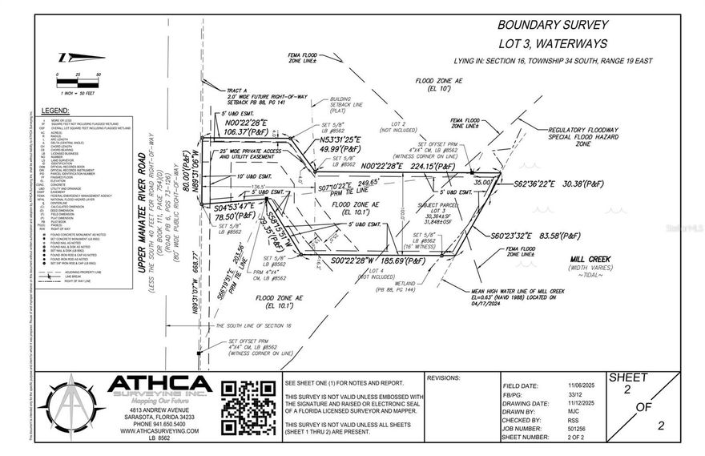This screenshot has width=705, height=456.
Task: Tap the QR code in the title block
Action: click(x=248, y=408)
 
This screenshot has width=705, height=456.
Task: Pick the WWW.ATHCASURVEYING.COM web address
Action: click(x=159, y=431)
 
